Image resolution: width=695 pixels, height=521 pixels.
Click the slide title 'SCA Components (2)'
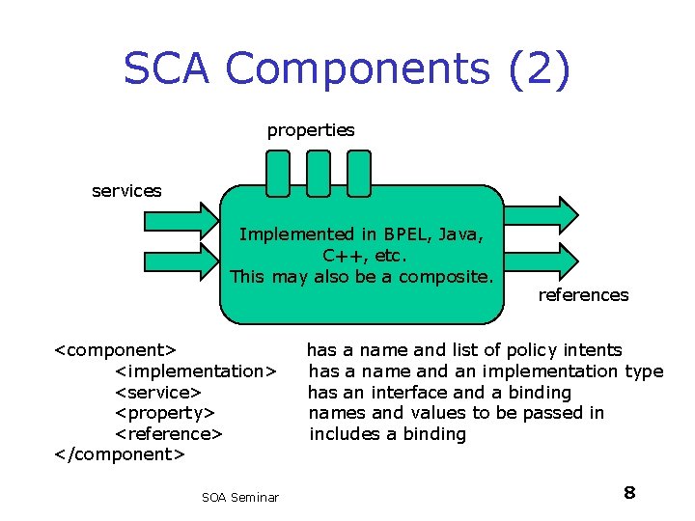347,69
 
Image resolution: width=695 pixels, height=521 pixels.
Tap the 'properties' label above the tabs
311,129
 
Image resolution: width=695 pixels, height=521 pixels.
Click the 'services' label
126,190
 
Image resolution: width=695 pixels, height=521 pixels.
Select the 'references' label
583,294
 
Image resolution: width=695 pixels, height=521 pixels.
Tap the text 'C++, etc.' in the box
365,256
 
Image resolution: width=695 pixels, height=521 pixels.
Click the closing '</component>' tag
119,454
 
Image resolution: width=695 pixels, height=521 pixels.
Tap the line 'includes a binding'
387,434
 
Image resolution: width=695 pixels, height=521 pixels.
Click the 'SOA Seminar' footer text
240,497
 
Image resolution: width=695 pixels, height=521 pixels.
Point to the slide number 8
629,493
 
